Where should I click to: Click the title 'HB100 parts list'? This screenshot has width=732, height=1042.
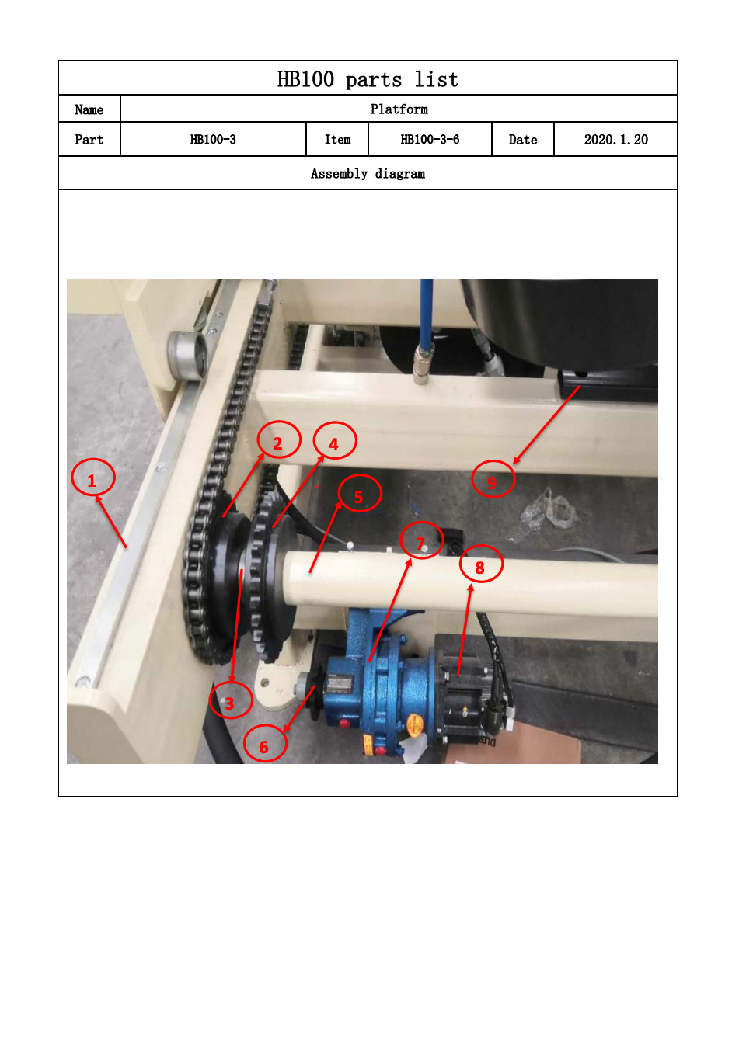(x=368, y=79)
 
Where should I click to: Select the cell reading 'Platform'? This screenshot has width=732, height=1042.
(x=399, y=109)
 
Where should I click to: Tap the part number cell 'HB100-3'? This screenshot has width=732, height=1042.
(x=213, y=140)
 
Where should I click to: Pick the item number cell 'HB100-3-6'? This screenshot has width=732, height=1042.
(x=430, y=140)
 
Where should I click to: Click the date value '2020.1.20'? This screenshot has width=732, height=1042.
(x=615, y=140)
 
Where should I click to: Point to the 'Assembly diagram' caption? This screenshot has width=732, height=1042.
(x=368, y=173)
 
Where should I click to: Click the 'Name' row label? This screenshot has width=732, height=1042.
(x=89, y=109)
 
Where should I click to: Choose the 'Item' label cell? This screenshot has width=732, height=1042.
(x=337, y=140)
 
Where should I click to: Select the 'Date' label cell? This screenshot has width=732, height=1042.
(x=522, y=140)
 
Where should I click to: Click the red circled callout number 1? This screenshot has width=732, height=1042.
(x=92, y=478)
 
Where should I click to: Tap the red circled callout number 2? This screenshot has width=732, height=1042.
(x=278, y=439)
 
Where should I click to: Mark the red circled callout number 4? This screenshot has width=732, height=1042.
(x=335, y=440)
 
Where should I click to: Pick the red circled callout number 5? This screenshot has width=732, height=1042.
(x=360, y=493)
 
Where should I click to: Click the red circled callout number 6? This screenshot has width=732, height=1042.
(x=264, y=743)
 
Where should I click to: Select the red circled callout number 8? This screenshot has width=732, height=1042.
(x=481, y=564)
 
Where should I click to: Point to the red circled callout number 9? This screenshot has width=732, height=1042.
(x=493, y=479)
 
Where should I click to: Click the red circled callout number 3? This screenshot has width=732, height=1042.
(x=231, y=700)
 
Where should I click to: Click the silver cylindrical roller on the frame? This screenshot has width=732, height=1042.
(x=187, y=355)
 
